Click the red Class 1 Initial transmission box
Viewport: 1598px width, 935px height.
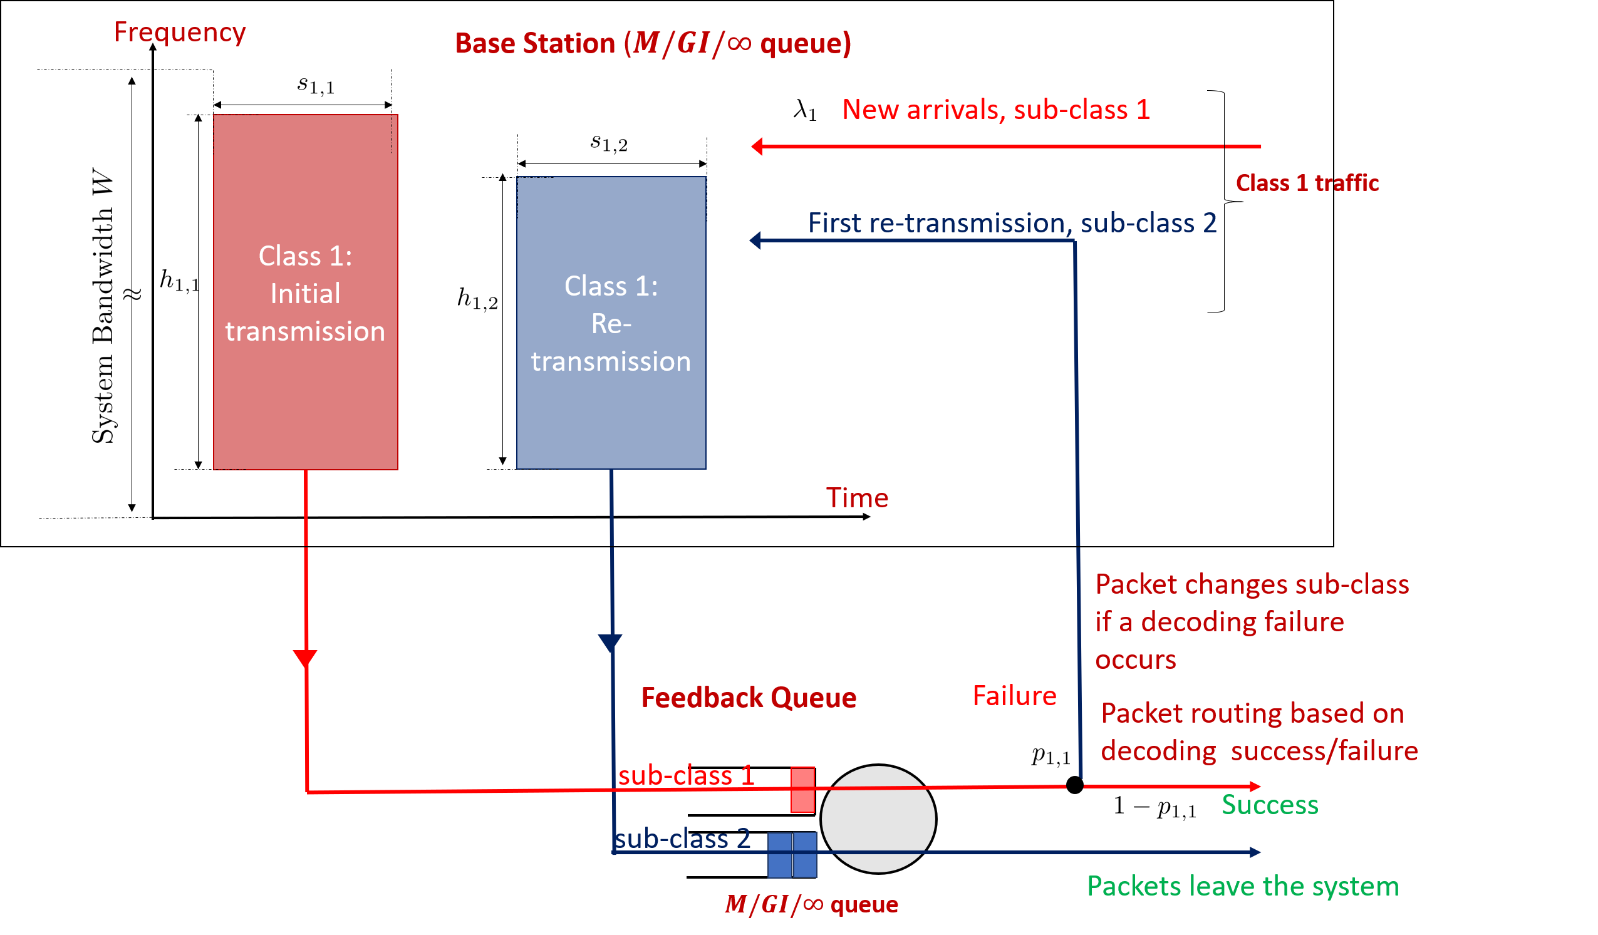[x=305, y=292]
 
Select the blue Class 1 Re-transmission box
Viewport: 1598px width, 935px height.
[x=611, y=323]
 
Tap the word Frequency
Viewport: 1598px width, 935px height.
[x=179, y=33]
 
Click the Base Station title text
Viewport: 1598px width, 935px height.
[x=653, y=44]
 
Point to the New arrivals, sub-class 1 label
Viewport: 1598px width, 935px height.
[x=995, y=110]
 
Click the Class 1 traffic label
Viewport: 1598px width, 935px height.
[x=1307, y=183]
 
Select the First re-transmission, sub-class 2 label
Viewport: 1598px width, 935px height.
[x=1012, y=223]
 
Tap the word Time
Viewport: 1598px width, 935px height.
[x=857, y=498]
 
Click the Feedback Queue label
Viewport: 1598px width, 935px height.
[x=749, y=697]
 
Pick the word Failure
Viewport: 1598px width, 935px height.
[x=1014, y=696]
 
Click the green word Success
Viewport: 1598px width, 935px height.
[x=1270, y=804]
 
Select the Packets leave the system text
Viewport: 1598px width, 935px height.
[x=1242, y=886]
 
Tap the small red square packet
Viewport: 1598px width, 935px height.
[x=802, y=790]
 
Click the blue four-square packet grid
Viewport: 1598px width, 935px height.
[x=792, y=855]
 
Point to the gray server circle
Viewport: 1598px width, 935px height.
[x=878, y=819]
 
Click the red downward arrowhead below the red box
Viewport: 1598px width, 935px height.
[x=305, y=658]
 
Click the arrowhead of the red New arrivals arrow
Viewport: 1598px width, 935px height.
[x=757, y=147]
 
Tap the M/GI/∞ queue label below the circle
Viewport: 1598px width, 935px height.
[x=811, y=904]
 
